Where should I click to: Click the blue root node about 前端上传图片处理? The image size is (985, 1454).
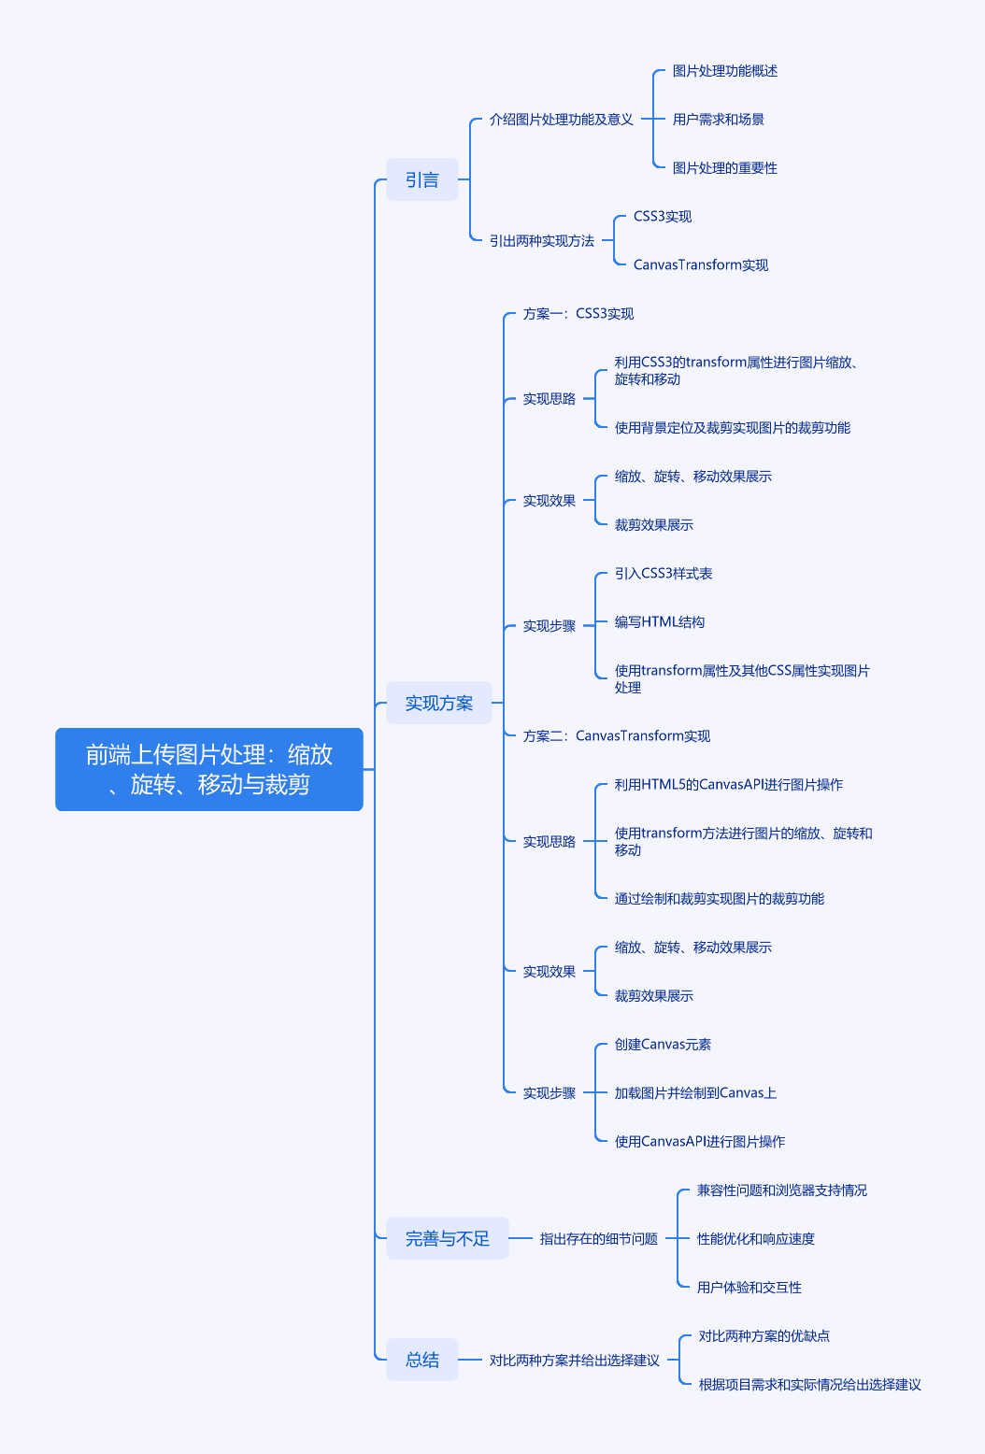[209, 769]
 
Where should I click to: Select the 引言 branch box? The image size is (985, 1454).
[422, 179]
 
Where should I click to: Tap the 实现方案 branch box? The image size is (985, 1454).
[439, 703]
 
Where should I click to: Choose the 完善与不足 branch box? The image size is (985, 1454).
[448, 1238]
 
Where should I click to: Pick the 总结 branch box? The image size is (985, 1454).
[422, 1360]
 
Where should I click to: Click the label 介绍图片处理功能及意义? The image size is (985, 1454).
[561, 120]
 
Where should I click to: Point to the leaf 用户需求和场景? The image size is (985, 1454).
[718, 120]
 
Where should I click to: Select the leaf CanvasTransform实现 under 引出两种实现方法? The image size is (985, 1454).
[701, 264]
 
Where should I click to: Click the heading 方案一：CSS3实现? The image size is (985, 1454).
[578, 314]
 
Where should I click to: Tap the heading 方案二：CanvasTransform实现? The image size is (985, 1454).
[616, 735]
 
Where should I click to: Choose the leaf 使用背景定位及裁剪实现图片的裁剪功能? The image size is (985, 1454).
[733, 428]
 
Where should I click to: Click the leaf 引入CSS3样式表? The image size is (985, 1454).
[663, 573]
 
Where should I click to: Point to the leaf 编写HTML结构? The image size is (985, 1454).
[659, 621]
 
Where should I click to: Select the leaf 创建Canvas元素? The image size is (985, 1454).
[663, 1044]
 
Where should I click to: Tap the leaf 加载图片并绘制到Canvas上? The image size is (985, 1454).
[695, 1092]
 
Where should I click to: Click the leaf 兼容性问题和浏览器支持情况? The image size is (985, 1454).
[782, 1190]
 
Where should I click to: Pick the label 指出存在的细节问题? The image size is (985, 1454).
[599, 1238]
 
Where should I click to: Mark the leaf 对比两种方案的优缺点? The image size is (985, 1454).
[764, 1335]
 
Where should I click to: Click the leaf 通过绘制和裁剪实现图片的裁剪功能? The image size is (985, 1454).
[720, 898]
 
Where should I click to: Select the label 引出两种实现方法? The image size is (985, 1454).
[541, 241]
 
